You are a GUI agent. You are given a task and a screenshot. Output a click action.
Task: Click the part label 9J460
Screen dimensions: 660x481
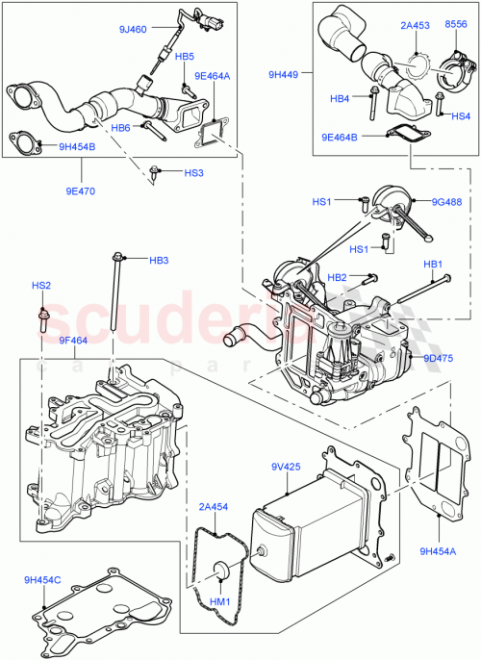click(x=131, y=30)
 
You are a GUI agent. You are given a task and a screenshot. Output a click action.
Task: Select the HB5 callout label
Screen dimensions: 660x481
click(x=185, y=57)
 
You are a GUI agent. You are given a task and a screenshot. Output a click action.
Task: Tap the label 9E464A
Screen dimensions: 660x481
click(x=212, y=75)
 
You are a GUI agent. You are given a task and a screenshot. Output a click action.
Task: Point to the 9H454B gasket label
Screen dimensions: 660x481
click(x=78, y=147)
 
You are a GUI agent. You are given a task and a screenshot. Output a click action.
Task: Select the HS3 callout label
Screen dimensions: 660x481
click(x=193, y=173)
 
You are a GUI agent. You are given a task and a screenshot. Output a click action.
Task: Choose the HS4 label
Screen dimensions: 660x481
click(x=461, y=116)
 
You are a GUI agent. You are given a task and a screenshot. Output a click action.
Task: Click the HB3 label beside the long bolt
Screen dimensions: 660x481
click(x=159, y=261)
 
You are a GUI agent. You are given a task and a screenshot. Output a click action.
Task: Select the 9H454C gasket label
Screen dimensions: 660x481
click(x=42, y=580)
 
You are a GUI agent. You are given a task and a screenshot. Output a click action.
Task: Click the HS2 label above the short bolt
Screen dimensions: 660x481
click(x=41, y=286)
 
